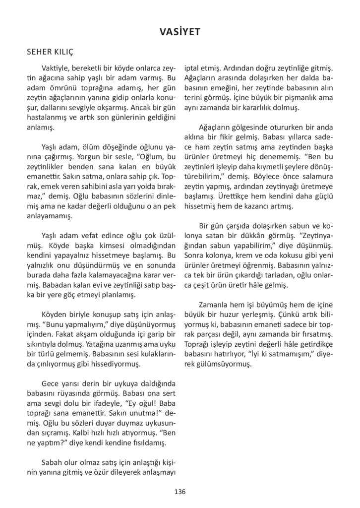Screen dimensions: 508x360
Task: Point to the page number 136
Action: pyautogui.click(x=180, y=492)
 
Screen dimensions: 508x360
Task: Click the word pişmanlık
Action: pyautogui.click(x=290, y=98)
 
